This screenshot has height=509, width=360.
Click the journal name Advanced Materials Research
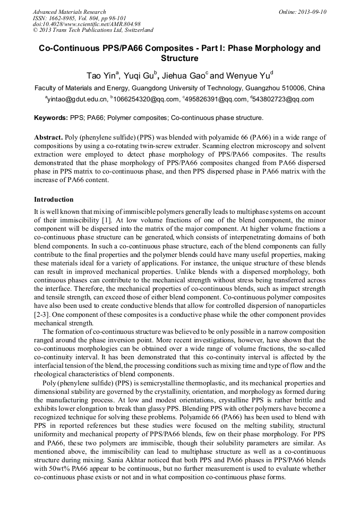pos(69,12)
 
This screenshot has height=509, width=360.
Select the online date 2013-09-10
pos(309,12)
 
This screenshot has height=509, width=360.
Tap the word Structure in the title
pos(179,58)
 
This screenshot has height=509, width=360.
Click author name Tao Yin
pos(103,75)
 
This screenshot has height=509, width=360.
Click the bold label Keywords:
pos(51,118)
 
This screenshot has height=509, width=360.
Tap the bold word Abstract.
pos(48,137)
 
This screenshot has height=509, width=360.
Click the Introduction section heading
pos(54,200)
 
